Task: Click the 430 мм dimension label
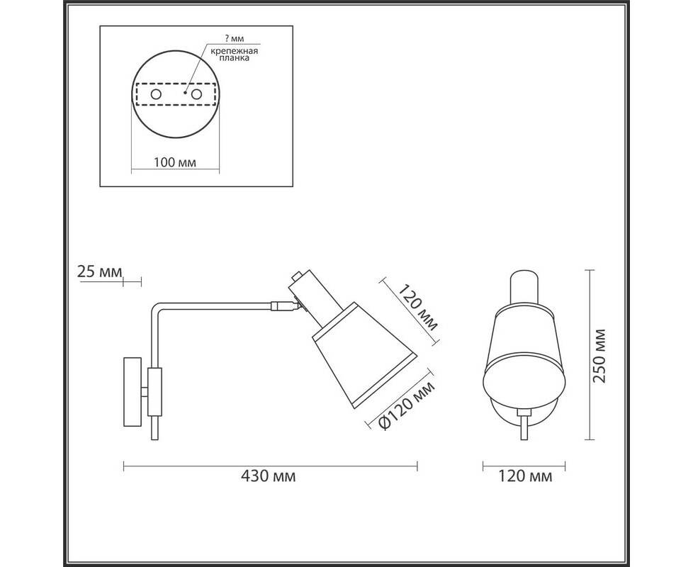coord(268,476)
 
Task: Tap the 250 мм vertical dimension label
coord(599,357)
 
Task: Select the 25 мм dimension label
coord(99,271)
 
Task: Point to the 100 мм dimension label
coord(175,162)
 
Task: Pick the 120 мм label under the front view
coord(525,476)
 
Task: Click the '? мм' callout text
coord(234,39)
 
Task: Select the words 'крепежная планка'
coord(234,55)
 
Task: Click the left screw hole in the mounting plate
coord(156,94)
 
